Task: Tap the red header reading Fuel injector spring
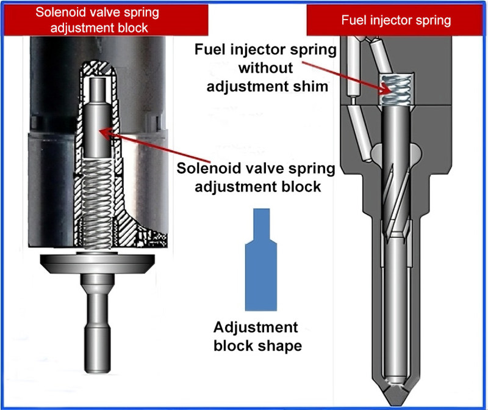(396, 20)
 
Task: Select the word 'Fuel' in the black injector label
(211, 48)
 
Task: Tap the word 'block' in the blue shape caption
(229, 346)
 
